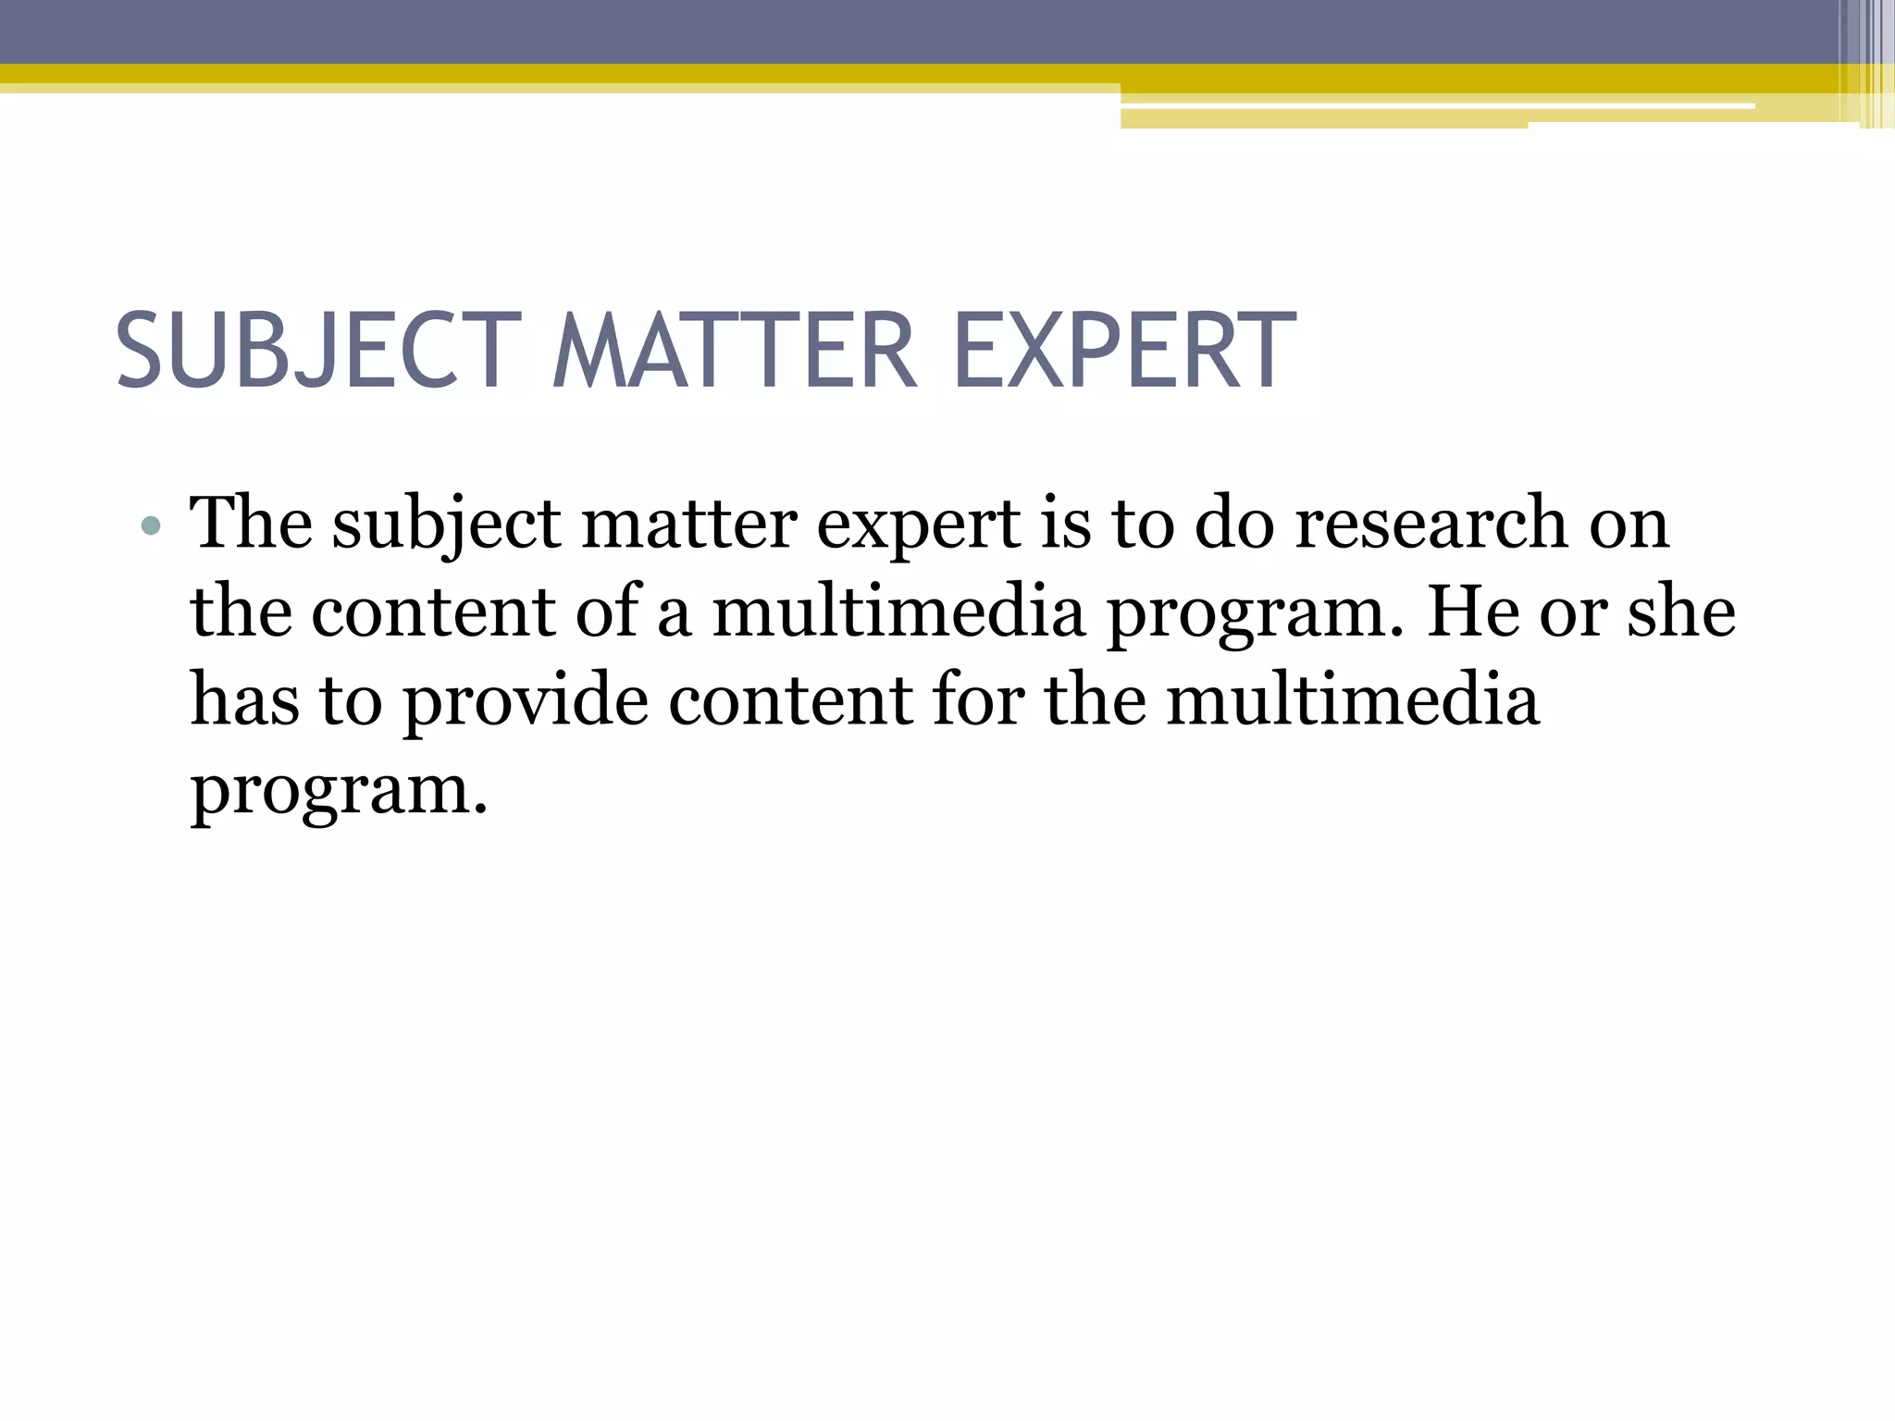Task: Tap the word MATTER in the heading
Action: (735, 352)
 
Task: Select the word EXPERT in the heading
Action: (1123, 352)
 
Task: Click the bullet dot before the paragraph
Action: (152, 527)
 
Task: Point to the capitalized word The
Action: (251, 524)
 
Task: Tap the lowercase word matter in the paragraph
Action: (688, 524)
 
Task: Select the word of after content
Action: (607, 612)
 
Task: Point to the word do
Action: (1234, 524)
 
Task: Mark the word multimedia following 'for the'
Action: (1353, 699)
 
